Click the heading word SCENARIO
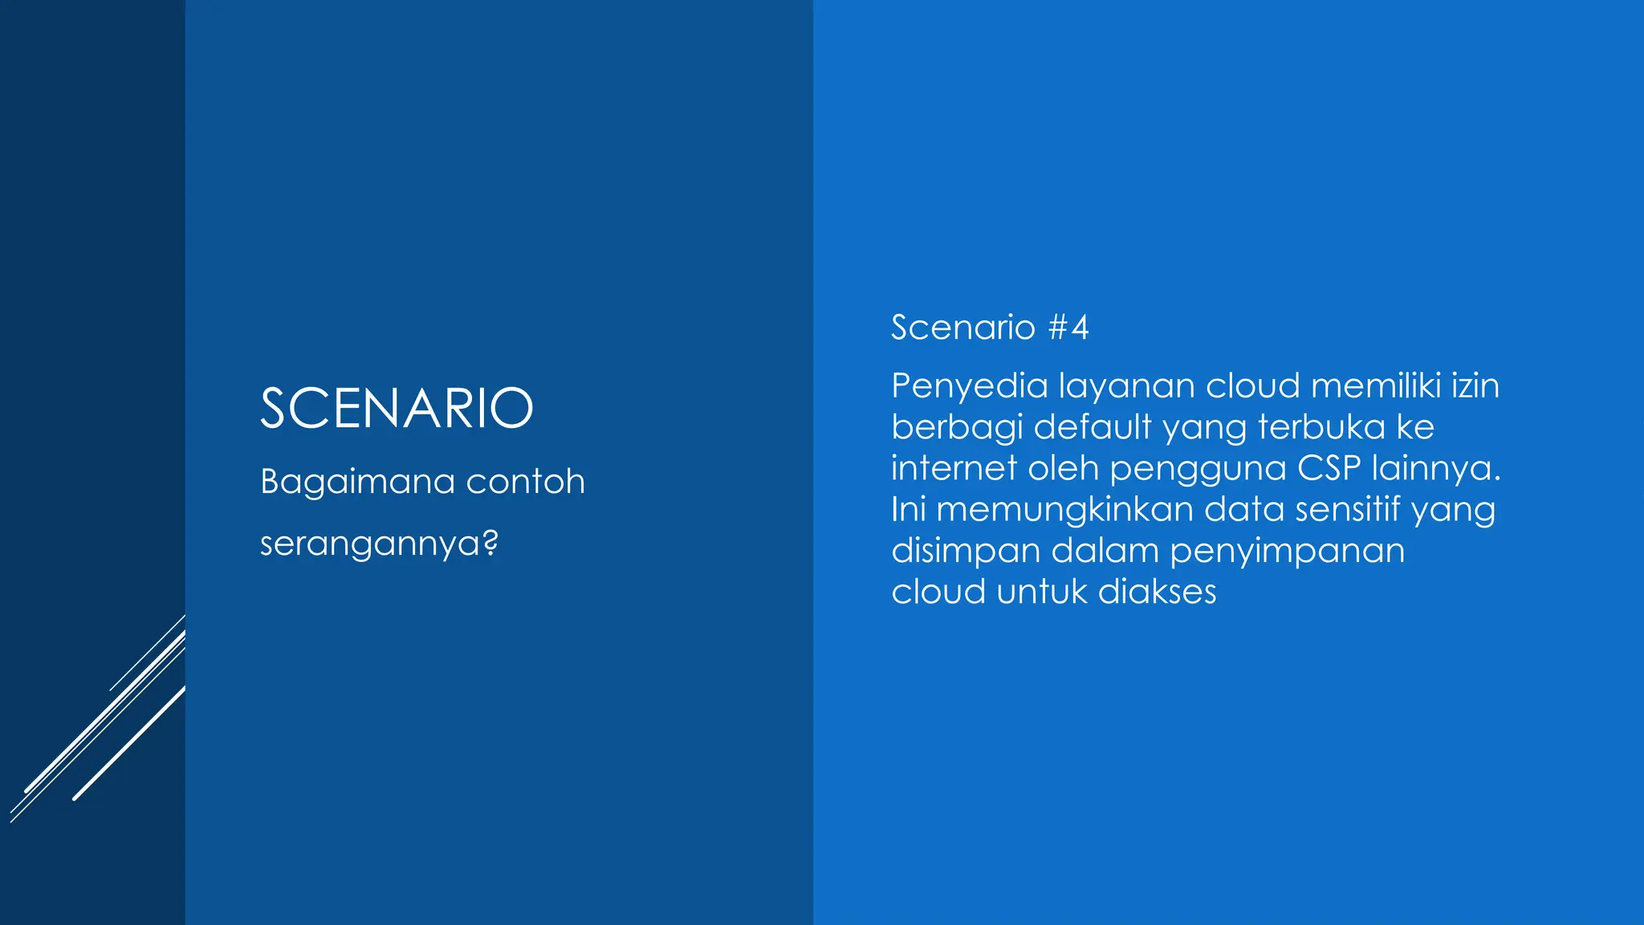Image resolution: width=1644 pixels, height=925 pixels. click(397, 408)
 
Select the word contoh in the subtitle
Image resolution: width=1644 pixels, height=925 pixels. click(525, 482)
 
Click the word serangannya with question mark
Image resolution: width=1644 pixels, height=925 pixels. click(379, 544)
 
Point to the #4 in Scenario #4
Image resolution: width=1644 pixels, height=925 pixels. click(1069, 328)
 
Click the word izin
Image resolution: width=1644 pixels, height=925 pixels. click(1475, 385)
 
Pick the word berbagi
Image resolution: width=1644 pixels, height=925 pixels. click(957, 428)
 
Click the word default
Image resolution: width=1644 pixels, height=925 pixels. click(1093, 426)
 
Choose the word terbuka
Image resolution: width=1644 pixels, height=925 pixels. click(1321, 426)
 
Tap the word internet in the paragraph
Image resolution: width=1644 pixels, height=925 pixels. click(954, 468)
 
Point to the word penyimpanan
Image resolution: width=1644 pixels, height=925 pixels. click(1287, 552)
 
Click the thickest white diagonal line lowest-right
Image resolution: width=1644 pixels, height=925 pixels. click(128, 744)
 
